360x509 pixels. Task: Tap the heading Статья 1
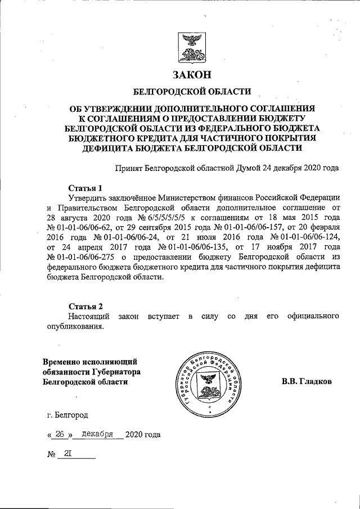(x=85, y=188)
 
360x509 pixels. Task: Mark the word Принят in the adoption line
(x=128, y=168)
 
